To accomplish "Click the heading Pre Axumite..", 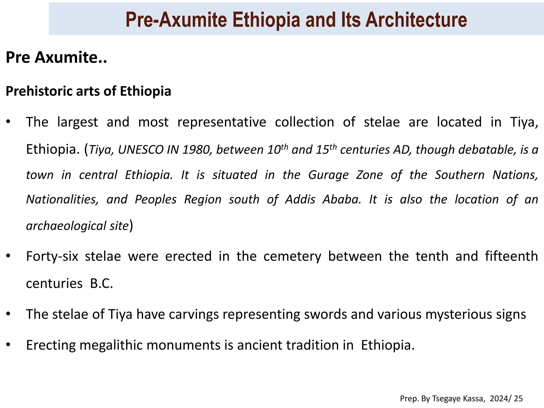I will click(x=56, y=57).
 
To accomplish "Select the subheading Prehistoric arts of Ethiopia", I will click(x=88, y=91).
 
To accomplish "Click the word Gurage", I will click(x=328, y=175).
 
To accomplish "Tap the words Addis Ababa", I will click(x=323, y=199).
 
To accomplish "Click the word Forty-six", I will click(x=52, y=256).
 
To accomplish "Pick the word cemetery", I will click(x=292, y=256).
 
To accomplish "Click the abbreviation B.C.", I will click(x=101, y=283).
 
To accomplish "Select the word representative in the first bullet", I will click(x=222, y=122).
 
